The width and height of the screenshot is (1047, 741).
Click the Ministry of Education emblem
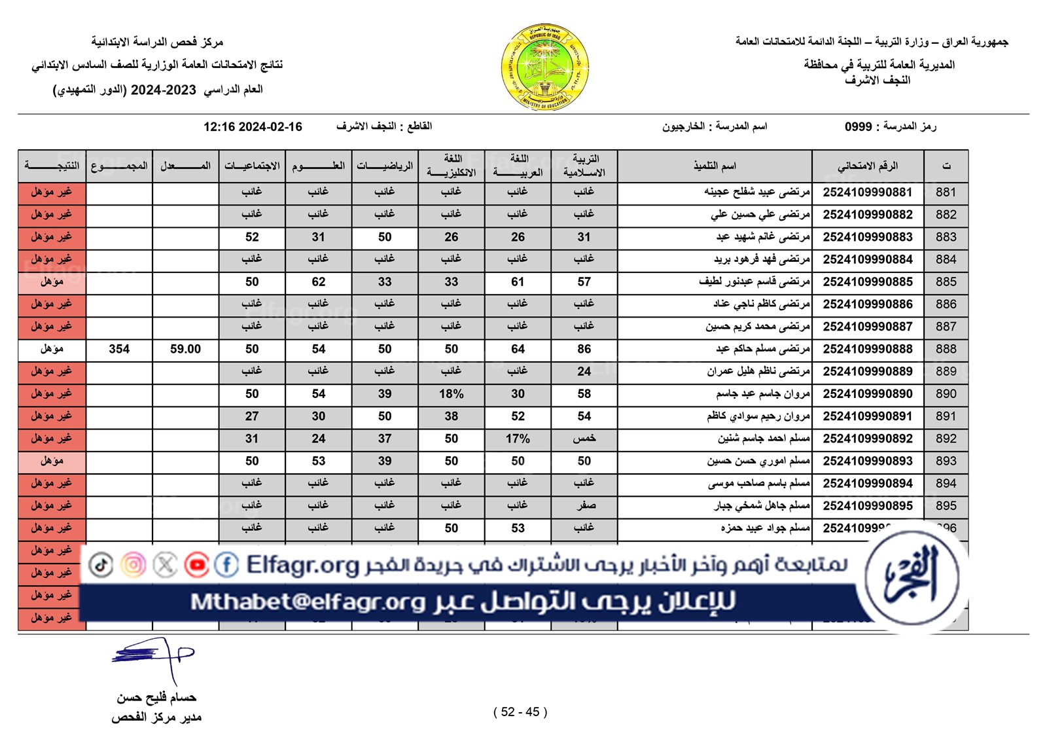point(544,67)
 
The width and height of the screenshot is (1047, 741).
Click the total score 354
point(119,349)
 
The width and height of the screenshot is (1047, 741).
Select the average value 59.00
point(185,349)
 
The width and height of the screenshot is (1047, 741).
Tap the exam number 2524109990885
point(867,282)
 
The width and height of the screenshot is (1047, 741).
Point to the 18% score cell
point(451,394)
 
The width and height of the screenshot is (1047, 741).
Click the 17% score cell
point(518,439)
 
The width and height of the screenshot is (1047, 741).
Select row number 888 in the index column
point(946,349)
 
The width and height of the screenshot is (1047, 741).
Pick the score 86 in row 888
point(584,349)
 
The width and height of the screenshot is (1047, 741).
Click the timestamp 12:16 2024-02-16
point(253,127)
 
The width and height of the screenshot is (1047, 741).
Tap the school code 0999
point(858,127)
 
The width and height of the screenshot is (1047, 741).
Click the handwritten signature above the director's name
point(153,657)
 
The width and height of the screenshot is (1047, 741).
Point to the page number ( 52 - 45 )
point(520,712)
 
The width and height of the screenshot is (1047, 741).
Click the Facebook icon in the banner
point(226,565)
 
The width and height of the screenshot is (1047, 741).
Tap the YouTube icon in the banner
point(196,565)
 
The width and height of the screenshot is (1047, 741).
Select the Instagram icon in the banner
point(133,565)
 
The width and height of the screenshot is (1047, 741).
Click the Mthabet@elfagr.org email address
point(308,602)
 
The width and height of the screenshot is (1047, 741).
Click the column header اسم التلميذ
point(715,166)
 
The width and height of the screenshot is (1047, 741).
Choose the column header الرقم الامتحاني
point(867,166)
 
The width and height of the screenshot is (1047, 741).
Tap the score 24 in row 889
point(584,372)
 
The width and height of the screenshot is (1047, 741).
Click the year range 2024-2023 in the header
point(164,90)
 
